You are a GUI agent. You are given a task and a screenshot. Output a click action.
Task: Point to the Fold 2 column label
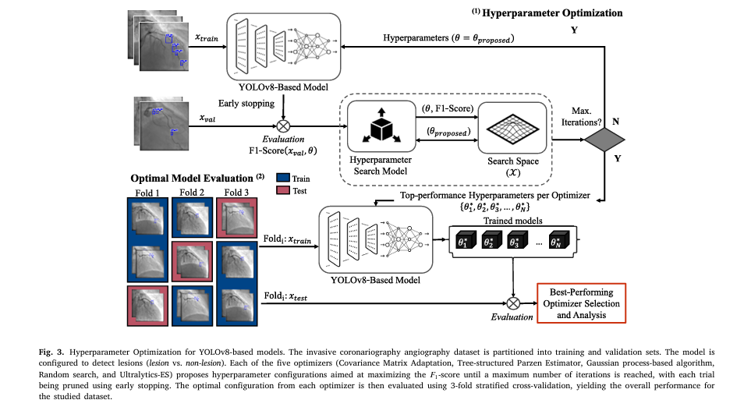pyautogui.click(x=191, y=192)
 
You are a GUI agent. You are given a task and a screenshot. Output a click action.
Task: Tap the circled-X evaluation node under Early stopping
pyautogui.click(x=283, y=125)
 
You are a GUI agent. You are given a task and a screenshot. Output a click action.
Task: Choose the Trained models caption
pyautogui.click(x=512, y=221)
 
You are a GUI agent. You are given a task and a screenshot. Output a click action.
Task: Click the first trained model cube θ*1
pyautogui.click(x=465, y=242)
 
